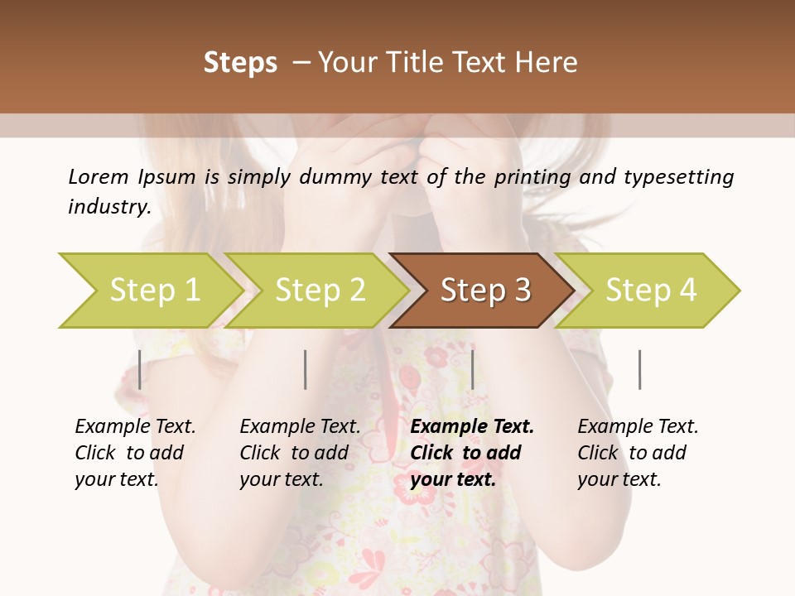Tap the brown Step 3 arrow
485,291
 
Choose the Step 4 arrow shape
651,291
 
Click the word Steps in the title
240,63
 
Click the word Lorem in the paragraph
99,177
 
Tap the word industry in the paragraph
109,207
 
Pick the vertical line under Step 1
140,369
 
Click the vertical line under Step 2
306,369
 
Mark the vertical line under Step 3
472,369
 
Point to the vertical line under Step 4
639,369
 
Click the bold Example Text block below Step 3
470,453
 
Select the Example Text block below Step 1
134,453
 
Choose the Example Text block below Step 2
299,453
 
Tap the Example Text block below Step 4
637,453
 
